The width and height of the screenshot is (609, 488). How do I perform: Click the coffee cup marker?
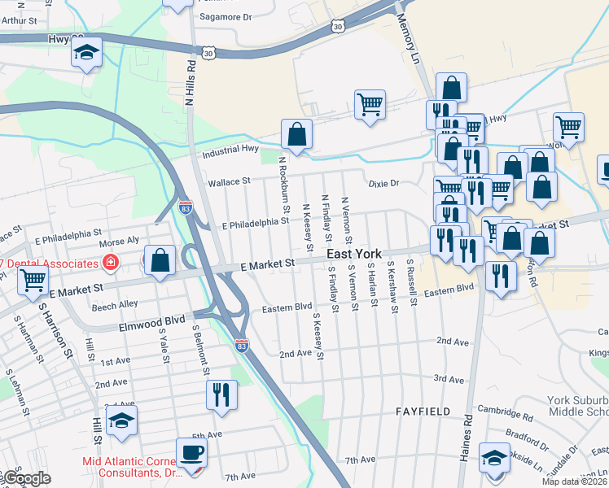(191, 452)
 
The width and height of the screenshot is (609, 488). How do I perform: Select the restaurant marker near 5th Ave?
(221, 395)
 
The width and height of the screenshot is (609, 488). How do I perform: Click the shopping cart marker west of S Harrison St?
(33, 280)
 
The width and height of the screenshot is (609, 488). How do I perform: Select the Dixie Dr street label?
(383, 183)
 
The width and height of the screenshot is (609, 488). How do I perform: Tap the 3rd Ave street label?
(449, 379)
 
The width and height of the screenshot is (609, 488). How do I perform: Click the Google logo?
(26, 477)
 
